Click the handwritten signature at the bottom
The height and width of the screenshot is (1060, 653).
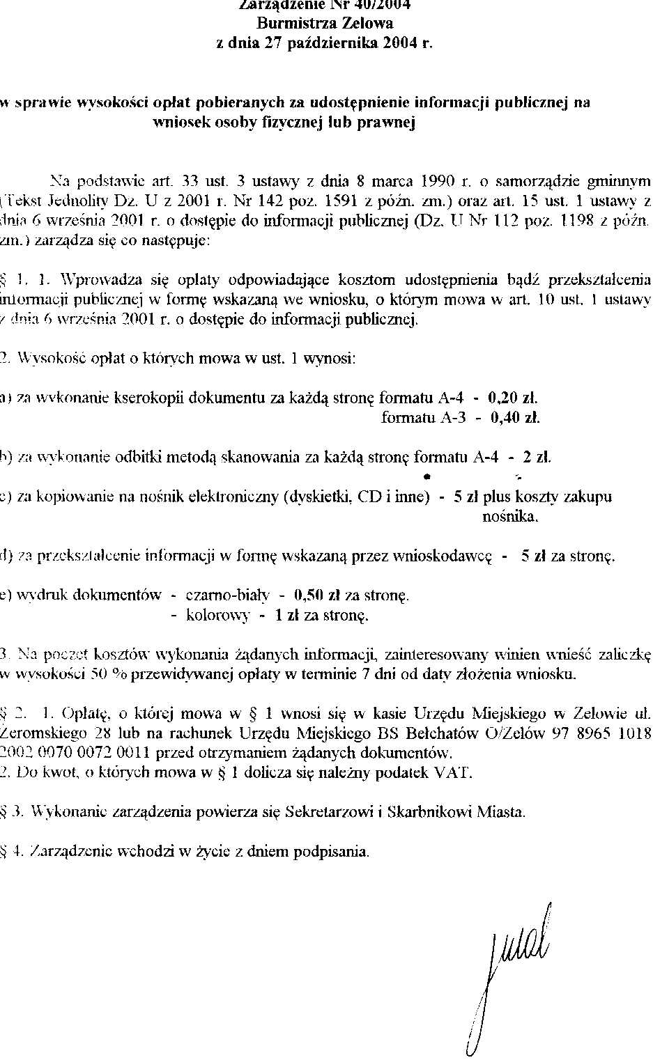(x=512, y=975)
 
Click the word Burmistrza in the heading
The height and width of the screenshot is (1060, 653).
(x=296, y=23)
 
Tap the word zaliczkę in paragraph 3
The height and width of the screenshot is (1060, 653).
(x=622, y=655)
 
